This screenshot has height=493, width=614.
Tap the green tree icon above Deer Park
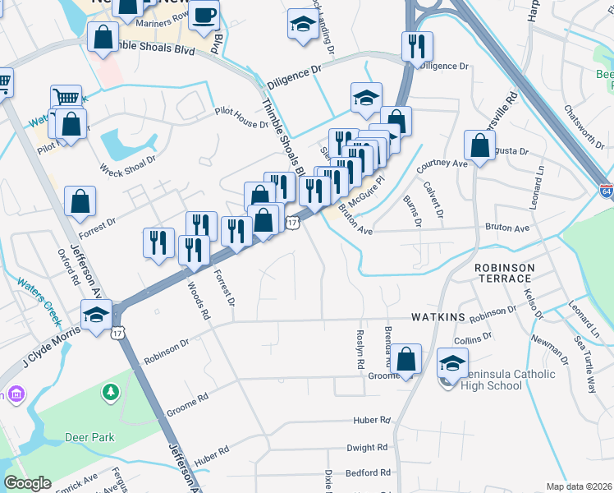pyautogui.click(x=110, y=394)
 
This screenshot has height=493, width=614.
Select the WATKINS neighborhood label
pyautogui.click(x=438, y=317)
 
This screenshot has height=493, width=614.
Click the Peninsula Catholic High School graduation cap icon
pyautogui.click(x=452, y=362)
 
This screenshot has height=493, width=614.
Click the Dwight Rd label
pyautogui.click(x=366, y=448)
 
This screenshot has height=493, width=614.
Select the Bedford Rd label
pyautogui.click(x=367, y=472)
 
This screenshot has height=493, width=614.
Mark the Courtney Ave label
pyautogui.click(x=442, y=164)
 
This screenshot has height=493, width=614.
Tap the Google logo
pyautogui.click(x=27, y=483)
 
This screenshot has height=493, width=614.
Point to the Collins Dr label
pyautogui.click(x=473, y=337)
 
